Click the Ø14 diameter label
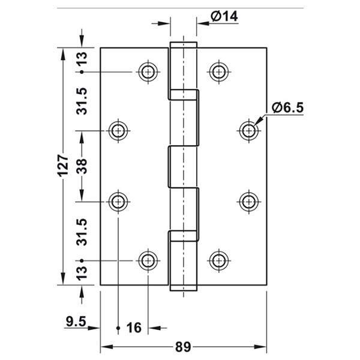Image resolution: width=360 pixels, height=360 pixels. (x=224, y=16)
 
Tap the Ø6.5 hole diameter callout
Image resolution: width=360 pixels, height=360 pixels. (x=287, y=107)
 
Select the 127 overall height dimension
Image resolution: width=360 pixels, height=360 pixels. (x=63, y=166)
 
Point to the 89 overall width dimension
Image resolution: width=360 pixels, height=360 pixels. (x=183, y=347)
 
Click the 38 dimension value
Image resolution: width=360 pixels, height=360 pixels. (x=82, y=166)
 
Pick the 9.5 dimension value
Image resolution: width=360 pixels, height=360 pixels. (x=76, y=321)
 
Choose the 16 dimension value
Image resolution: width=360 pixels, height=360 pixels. (x=134, y=328)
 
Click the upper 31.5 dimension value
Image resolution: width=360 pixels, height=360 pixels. (x=82, y=101)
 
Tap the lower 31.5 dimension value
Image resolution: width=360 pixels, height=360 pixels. (x=82, y=232)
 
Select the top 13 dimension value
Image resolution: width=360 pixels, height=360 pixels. (x=82, y=59)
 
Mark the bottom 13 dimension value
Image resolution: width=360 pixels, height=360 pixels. (x=82, y=273)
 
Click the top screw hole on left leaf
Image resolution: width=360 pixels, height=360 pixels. (x=148, y=72)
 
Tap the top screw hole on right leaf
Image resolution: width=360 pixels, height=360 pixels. (x=219, y=72)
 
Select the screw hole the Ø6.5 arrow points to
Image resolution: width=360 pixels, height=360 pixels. (x=248, y=131)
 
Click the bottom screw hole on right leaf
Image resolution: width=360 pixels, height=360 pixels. (x=219, y=260)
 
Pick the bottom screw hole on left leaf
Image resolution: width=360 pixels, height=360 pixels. (x=148, y=260)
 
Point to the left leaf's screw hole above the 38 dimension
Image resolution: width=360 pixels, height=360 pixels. (x=118, y=131)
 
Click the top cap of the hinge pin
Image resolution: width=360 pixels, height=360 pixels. (x=183, y=45)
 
